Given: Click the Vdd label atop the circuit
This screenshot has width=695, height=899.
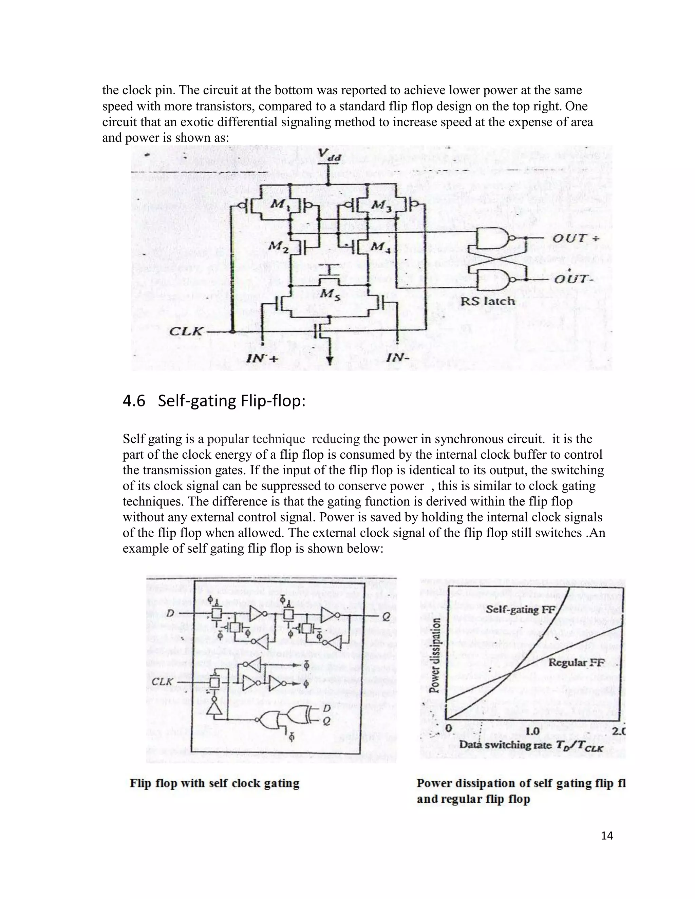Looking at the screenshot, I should tap(328, 155).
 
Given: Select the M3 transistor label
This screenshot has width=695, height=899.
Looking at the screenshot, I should tap(382, 205).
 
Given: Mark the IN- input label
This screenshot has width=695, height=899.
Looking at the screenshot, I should tap(398, 358).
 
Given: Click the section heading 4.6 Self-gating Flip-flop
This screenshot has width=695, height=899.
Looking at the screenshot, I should tap(214, 401).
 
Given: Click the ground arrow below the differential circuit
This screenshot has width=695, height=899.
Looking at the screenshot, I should tap(330, 361).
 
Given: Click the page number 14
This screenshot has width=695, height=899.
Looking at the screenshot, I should tap(607, 835).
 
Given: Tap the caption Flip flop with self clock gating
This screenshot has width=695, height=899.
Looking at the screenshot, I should tap(214, 783).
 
